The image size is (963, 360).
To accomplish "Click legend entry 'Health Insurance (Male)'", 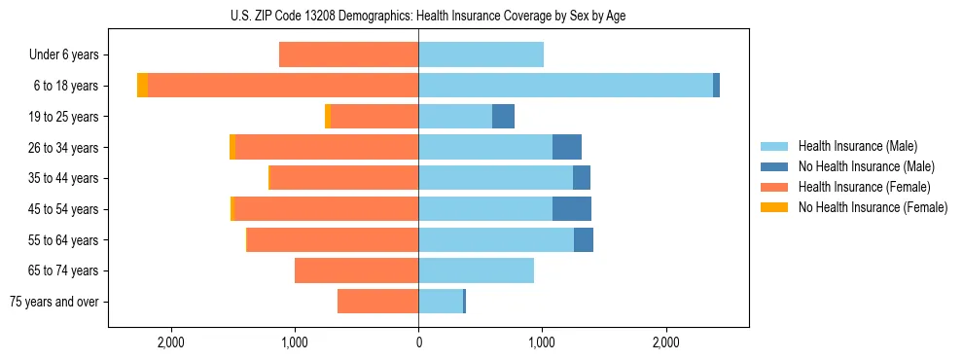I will (857, 146).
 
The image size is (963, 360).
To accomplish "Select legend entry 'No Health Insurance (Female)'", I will (873, 207).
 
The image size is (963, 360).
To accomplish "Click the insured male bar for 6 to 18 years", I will (565, 86).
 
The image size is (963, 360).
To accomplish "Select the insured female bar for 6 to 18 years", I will (283, 86).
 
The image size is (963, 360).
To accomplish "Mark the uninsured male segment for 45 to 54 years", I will (572, 209).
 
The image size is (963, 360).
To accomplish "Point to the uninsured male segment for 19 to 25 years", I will (503, 117).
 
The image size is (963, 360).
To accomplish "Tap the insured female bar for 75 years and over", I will (377, 302).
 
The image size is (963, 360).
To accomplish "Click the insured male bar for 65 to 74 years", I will (476, 270).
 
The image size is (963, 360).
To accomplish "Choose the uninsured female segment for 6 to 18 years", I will (143, 86).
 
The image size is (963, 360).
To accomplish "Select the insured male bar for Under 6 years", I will (481, 54).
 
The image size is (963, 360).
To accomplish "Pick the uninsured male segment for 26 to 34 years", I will (567, 147).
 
